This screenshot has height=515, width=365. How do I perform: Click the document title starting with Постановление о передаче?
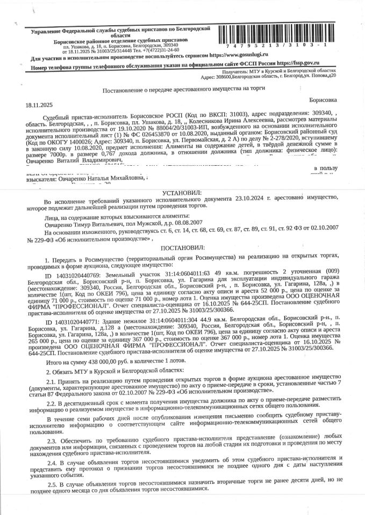point(182,93)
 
